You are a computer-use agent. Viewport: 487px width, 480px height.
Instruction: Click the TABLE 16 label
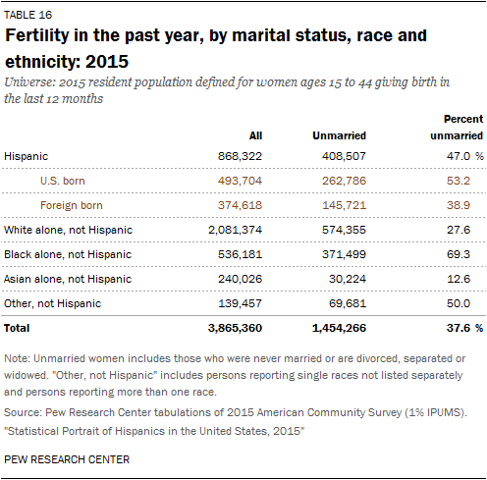click(28, 15)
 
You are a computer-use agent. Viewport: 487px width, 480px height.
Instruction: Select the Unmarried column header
click(339, 135)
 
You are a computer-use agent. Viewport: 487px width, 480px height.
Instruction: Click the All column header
click(255, 135)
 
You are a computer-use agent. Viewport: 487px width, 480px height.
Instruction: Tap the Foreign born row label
click(72, 205)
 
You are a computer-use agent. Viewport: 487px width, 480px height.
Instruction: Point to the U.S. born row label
click(63, 181)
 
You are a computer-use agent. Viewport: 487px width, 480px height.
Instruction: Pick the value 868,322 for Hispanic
click(240, 156)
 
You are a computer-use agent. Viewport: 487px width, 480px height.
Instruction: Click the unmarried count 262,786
click(344, 181)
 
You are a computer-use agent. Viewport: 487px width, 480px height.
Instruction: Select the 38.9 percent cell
click(459, 205)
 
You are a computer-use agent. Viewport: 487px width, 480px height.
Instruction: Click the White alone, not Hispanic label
click(68, 230)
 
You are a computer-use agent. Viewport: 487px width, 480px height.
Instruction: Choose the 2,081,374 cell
click(235, 230)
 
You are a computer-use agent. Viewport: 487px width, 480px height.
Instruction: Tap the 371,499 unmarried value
click(344, 254)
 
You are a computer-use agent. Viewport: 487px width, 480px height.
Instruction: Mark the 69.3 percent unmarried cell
click(459, 254)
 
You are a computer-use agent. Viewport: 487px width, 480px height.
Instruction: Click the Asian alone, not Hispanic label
click(68, 279)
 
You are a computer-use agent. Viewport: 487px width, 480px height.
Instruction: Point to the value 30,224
click(348, 279)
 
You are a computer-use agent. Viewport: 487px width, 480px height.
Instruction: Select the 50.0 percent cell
click(459, 303)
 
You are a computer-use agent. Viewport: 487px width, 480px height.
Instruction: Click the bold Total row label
click(17, 328)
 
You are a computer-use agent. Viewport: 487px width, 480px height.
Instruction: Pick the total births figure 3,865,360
click(235, 328)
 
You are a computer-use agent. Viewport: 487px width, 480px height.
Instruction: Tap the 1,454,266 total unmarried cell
click(339, 328)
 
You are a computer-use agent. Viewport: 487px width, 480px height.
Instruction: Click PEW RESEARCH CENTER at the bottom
click(67, 459)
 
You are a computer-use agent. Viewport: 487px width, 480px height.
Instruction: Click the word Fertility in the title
click(37, 35)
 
